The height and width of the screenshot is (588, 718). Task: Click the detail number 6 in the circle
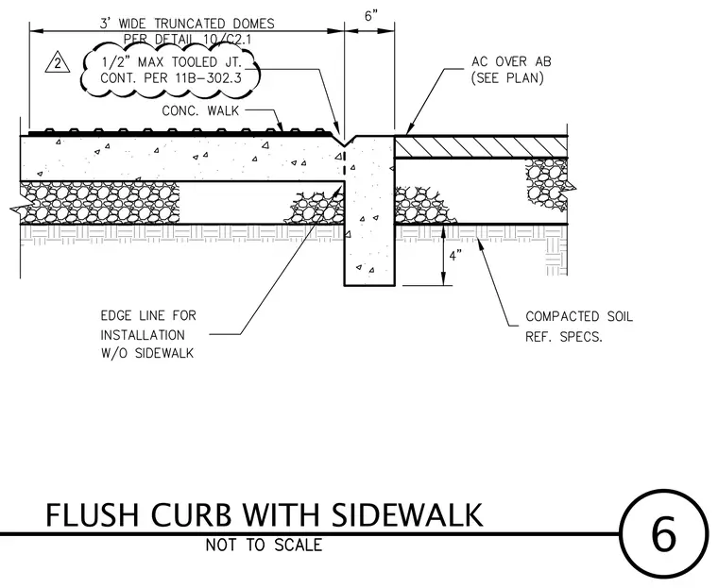click(x=663, y=533)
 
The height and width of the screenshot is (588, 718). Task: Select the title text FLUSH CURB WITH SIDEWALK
click(x=265, y=515)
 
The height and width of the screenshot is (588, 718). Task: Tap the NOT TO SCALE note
click(x=264, y=545)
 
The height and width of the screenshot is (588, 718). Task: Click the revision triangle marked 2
click(x=58, y=62)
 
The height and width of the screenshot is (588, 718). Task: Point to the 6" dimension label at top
click(x=371, y=16)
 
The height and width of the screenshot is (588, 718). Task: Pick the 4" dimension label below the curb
click(x=455, y=256)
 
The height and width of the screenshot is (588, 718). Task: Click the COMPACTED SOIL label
click(x=579, y=316)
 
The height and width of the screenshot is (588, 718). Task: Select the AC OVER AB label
click(x=511, y=61)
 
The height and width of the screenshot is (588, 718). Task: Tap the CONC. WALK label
click(x=200, y=110)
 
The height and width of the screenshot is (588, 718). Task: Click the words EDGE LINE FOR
click(x=148, y=316)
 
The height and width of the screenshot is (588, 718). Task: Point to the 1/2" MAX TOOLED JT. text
click(x=171, y=61)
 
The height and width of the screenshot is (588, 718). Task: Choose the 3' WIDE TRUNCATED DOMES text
click(x=187, y=24)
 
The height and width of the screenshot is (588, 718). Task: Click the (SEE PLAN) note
click(x=508, y=78)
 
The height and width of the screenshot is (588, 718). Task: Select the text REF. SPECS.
click(x=564, y=337)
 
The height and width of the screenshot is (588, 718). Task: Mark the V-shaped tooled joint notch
click(x=345, y=139)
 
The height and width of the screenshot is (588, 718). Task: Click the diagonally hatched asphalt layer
click(x=481, y=147)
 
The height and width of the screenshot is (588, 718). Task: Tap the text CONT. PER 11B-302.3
click(x=171, y=78)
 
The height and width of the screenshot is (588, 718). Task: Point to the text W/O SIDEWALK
click(x=147, y=354)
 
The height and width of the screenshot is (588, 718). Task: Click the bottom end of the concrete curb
click(x=369, y=286)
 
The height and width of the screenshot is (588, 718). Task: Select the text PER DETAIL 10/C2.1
click(x=187, y=40)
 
